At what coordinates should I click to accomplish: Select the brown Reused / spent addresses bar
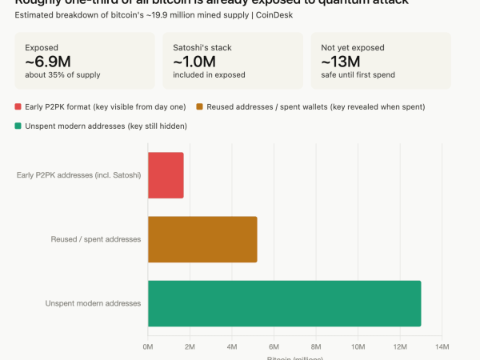pos(202,239)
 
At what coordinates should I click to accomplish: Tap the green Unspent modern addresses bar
pos(284,303)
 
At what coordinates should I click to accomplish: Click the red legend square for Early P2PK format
pos(18,106)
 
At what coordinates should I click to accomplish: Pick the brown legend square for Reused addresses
pos(200,106)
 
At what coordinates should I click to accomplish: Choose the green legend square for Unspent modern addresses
pos(18,126)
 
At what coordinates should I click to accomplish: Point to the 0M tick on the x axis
pos(148,346)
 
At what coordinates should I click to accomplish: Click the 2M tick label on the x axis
pos(190,346)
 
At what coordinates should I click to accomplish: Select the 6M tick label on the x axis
pos(274,346)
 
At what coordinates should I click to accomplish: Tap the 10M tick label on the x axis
pos(358,346)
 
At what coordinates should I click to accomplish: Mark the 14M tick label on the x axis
pos(442,346)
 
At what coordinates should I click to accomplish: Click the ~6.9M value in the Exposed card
pos(48,62)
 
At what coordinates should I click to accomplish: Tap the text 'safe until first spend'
pos(358,75)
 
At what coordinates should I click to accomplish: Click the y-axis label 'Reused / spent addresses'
pos(96,239)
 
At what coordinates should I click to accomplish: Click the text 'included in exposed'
pos(207,75)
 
